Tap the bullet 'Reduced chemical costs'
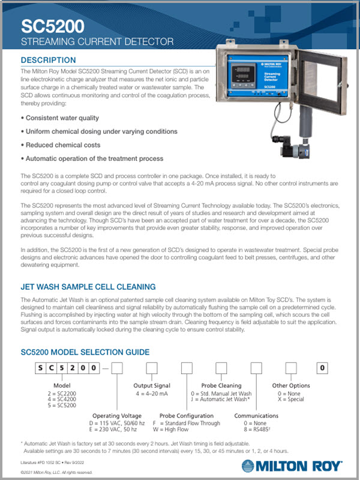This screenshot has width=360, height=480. [x=62, y=145]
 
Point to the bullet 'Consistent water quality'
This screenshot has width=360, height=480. [x=62, y=118]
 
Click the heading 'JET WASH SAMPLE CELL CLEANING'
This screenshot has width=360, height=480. [x=88, y=287]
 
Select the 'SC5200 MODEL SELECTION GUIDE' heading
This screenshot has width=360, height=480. [x=85, y=352]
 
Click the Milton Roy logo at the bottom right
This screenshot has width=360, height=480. [x=292, y=466]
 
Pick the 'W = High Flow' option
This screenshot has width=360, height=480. [x=178, y=430]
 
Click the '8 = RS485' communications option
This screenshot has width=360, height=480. [x=251, y=430]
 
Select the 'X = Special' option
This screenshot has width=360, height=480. [x=287, y=400]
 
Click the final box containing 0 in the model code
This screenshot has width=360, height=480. [x=323, y=368]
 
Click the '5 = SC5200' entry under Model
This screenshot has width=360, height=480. [x=62, y=406]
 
